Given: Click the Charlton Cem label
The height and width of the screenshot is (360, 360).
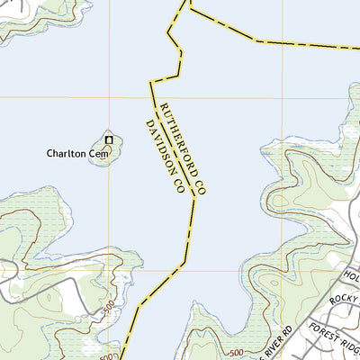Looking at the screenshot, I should click(x=77, y=154).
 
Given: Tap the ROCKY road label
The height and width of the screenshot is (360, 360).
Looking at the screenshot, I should click(x=344, y=301).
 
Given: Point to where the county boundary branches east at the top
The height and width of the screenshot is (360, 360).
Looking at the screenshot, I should click(x=191, y=12).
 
